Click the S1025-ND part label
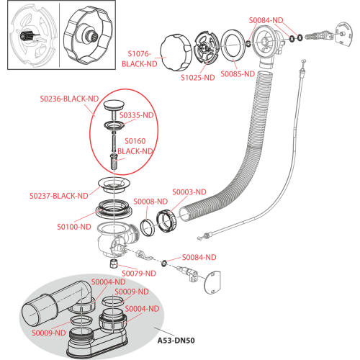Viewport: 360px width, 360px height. click(198, 78)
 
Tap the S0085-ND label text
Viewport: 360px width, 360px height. click(238, 73)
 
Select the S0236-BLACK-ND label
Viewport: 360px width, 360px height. click(69, 99)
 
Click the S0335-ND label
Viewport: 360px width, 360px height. click(136, 115)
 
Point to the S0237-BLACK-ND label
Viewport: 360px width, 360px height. click(59, 196)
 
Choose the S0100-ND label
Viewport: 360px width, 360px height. click(74, 227)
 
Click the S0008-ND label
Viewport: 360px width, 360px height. click(150, 202)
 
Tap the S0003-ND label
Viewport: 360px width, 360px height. click(189, 192)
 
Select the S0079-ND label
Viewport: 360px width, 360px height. click(139, 273)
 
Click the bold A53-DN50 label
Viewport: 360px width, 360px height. click(176, 341)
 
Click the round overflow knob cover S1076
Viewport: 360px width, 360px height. click(176, 53)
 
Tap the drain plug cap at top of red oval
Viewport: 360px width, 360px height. click(114, 104)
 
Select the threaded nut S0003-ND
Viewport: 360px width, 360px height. click(166, 220)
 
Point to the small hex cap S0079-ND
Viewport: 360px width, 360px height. click(113, 264)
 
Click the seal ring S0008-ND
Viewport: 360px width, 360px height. click(148, 228)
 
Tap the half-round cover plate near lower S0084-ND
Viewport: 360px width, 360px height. click(212, 282)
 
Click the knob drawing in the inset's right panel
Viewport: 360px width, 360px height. click(88, 36)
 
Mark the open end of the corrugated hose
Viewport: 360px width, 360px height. click(184, 215)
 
